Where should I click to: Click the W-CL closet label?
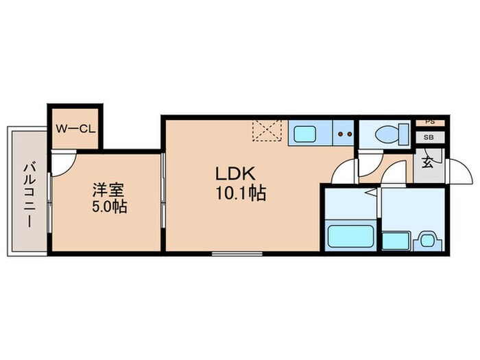73,128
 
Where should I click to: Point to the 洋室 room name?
106,188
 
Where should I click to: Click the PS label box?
430,122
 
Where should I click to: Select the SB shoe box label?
430,136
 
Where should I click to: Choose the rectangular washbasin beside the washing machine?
394,241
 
